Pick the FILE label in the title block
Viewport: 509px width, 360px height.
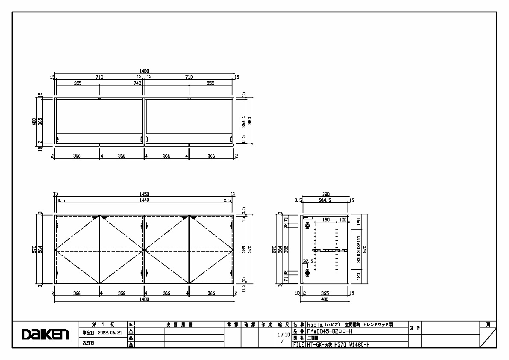[x=298, y=344]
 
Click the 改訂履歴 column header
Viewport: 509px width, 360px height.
[x=179, y=325]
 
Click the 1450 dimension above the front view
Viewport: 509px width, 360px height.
[x=144, y=194]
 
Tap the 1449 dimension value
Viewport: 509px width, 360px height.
[x=144, y=200]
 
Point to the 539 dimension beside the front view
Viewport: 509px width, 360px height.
[x=244, y=249]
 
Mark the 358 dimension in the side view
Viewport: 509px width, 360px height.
[x=285, y=249]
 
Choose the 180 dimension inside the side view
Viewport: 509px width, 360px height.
[x=326, y=220]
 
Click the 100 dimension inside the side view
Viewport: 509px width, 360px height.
[x=342, y=220]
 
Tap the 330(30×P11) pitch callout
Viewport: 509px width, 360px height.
[x=359, y=249]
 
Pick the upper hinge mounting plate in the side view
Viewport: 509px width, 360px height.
[x=306, y=225]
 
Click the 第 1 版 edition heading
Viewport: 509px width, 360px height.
[x=103, y=325]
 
